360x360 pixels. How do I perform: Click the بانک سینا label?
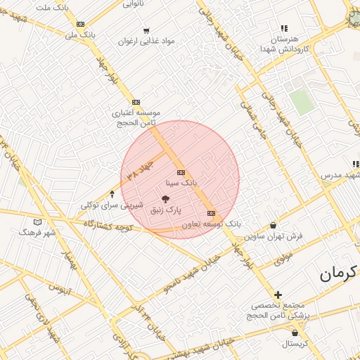(x=176, y=183)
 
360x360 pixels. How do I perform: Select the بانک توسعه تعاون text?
(x=211, y=224)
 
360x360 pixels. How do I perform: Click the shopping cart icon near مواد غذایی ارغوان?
(x=146, y=30)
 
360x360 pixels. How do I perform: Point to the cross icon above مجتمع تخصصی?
(x=278, y=295)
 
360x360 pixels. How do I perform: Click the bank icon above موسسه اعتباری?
(x=136, y=102)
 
